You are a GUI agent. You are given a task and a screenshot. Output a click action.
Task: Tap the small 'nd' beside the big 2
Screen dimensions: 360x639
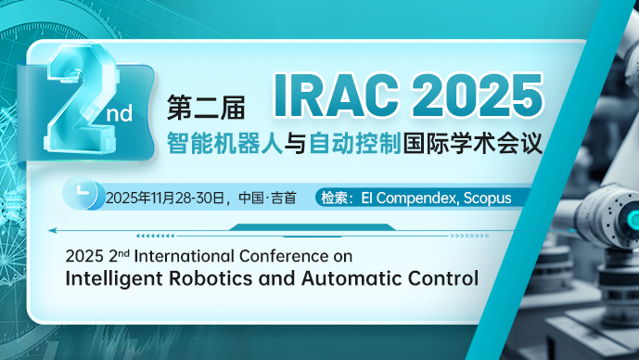[122, 112]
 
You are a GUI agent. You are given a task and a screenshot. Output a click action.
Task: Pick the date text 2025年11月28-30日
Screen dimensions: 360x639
[164, 198]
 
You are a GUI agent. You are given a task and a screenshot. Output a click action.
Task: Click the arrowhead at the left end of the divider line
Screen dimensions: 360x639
[52, 230]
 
